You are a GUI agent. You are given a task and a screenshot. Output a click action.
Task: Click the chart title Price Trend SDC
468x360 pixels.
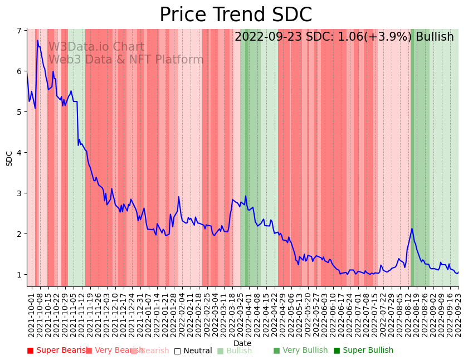pyautogui.click(x=236, y=14)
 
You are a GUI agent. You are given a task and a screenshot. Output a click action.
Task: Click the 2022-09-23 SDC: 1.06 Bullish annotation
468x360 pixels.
pyautogui.click(x=344, y=37)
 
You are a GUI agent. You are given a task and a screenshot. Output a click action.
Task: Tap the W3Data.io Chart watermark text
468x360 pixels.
pyautogui.click(x=96, y=47)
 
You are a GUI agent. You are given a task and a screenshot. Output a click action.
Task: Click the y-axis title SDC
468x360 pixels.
pyautogui.click(x=9, y=158)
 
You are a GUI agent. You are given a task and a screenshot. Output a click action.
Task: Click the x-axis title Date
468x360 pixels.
pyautogui.click(x=242, y=343)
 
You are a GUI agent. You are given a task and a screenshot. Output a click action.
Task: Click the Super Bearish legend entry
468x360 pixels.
pyautogui.click(x=58, y=351)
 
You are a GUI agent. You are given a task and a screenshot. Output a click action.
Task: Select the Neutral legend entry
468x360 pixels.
pyautogui.click(x=193, y=351)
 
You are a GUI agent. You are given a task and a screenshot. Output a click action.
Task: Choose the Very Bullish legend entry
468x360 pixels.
pyautogui.click(x=300, y=351)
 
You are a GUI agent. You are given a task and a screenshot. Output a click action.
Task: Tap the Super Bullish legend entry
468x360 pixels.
pyautogui.click(x=363, y=351)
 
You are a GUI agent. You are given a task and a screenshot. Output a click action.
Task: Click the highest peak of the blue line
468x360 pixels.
pyautogui.click(x=38, y=41)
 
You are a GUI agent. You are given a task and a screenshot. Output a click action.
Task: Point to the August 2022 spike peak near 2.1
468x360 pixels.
pyautogui.click(x=412, y=228)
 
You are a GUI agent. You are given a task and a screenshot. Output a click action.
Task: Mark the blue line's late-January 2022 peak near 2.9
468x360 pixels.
pyautogui.click(x=179, y=197)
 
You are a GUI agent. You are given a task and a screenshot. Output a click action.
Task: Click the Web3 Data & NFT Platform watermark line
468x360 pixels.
pyautogui.click(x=126, y=60)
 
